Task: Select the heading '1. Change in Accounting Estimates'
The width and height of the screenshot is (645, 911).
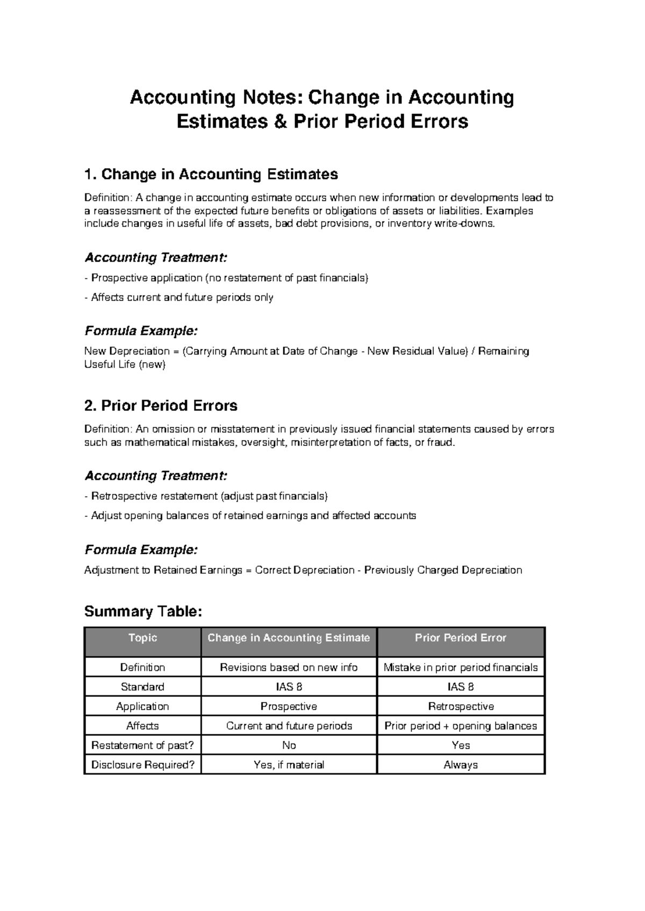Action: click(x=211, y=175)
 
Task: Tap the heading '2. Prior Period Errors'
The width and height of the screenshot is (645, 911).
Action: click(x=161, y=406)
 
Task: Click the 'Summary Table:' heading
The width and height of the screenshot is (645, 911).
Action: click(x=143, y=611)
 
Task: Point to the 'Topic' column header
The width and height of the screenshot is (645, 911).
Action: click(x=142, y=638)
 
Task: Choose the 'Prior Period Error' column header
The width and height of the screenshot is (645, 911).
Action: click(x=461, y=638)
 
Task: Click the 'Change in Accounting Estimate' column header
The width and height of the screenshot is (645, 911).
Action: click(x=289, y=638)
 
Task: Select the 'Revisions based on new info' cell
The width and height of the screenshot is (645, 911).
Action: click(x=289, y=668)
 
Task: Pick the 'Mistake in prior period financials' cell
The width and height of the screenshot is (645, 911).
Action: click(x=461, y=668)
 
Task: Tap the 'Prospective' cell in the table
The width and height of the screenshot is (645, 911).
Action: click(x=289, y=706)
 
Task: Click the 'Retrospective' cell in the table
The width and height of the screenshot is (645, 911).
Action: click(x=461, y=706)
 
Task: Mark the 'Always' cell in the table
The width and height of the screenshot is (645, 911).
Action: click(x=461, y=765)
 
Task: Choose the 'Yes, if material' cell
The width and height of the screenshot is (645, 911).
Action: click(x=289, y=765)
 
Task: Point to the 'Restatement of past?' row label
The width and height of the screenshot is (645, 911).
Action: click(x=142, y=746)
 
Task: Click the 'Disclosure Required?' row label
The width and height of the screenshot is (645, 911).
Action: click(x=142, y=765)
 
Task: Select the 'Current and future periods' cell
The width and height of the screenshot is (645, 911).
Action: click(x=289, y=726)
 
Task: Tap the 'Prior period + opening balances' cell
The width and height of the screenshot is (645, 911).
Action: click(x=461, y=726)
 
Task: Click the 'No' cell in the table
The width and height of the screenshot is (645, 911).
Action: click(x=289, y=746)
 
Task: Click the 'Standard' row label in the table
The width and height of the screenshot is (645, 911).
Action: click(x=142, y=687)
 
